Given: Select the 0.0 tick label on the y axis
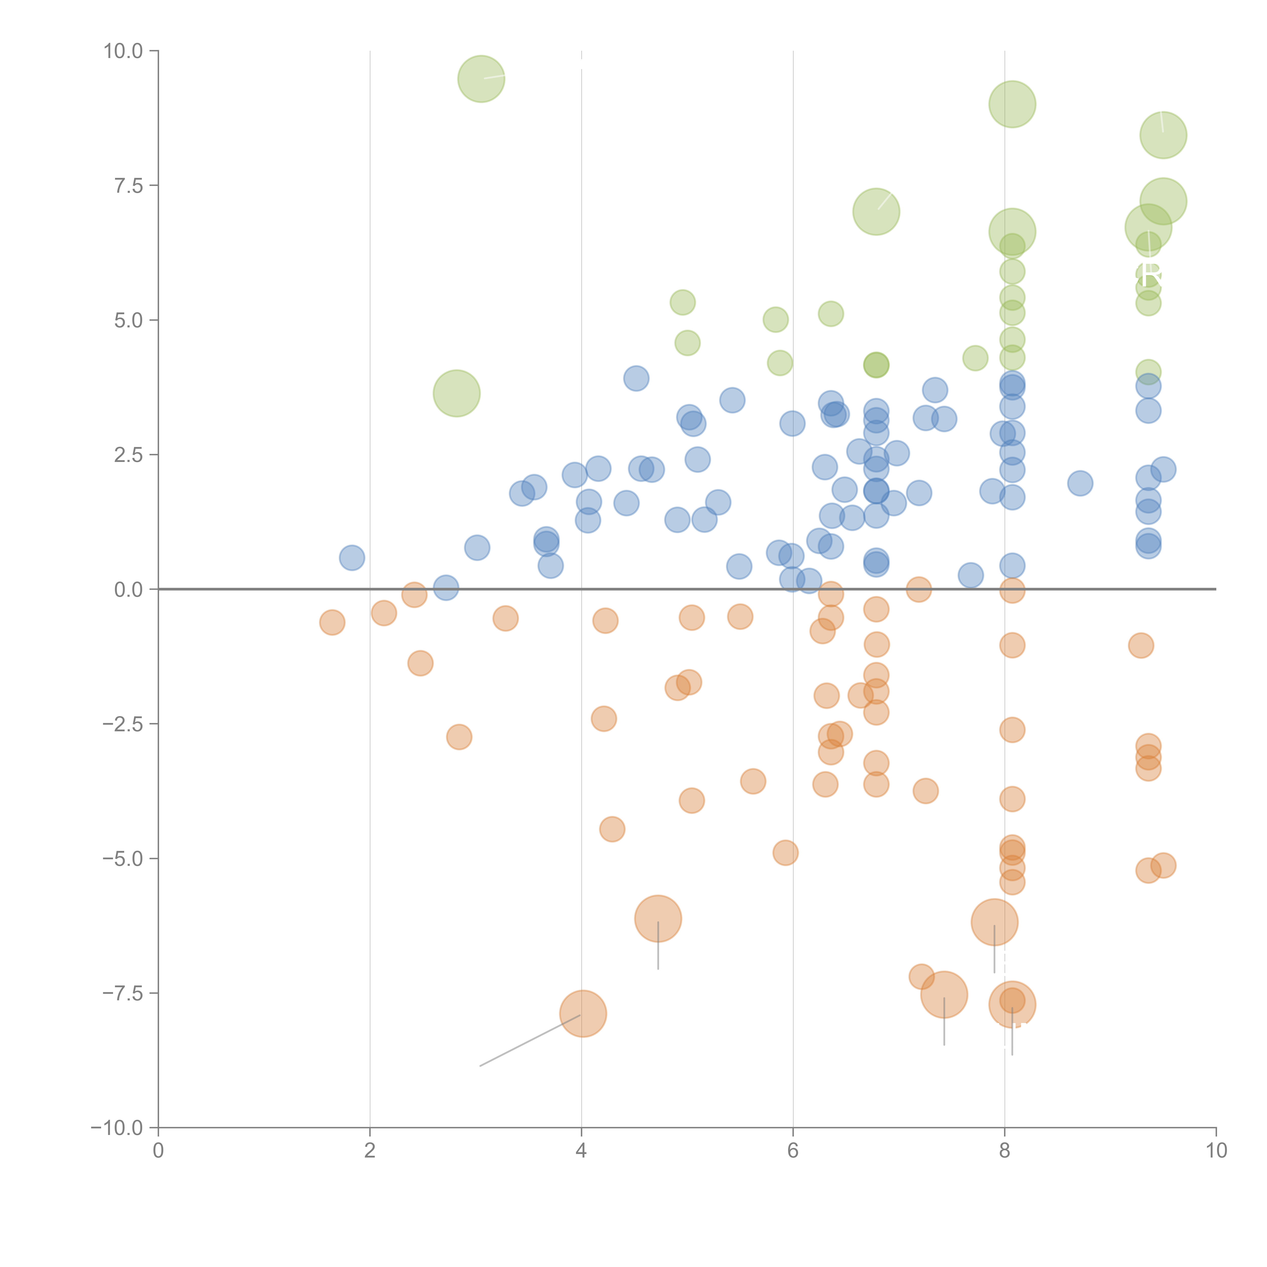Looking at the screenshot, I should [x=128, y=590].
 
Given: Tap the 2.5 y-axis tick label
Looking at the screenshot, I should [x=128, y=455].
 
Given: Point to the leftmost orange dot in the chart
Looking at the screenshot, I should [x=332, y=622].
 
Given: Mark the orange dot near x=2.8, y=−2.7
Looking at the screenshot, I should [x=459, y=737].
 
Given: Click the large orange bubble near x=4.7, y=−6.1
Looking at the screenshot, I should [x=658, y=918].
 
